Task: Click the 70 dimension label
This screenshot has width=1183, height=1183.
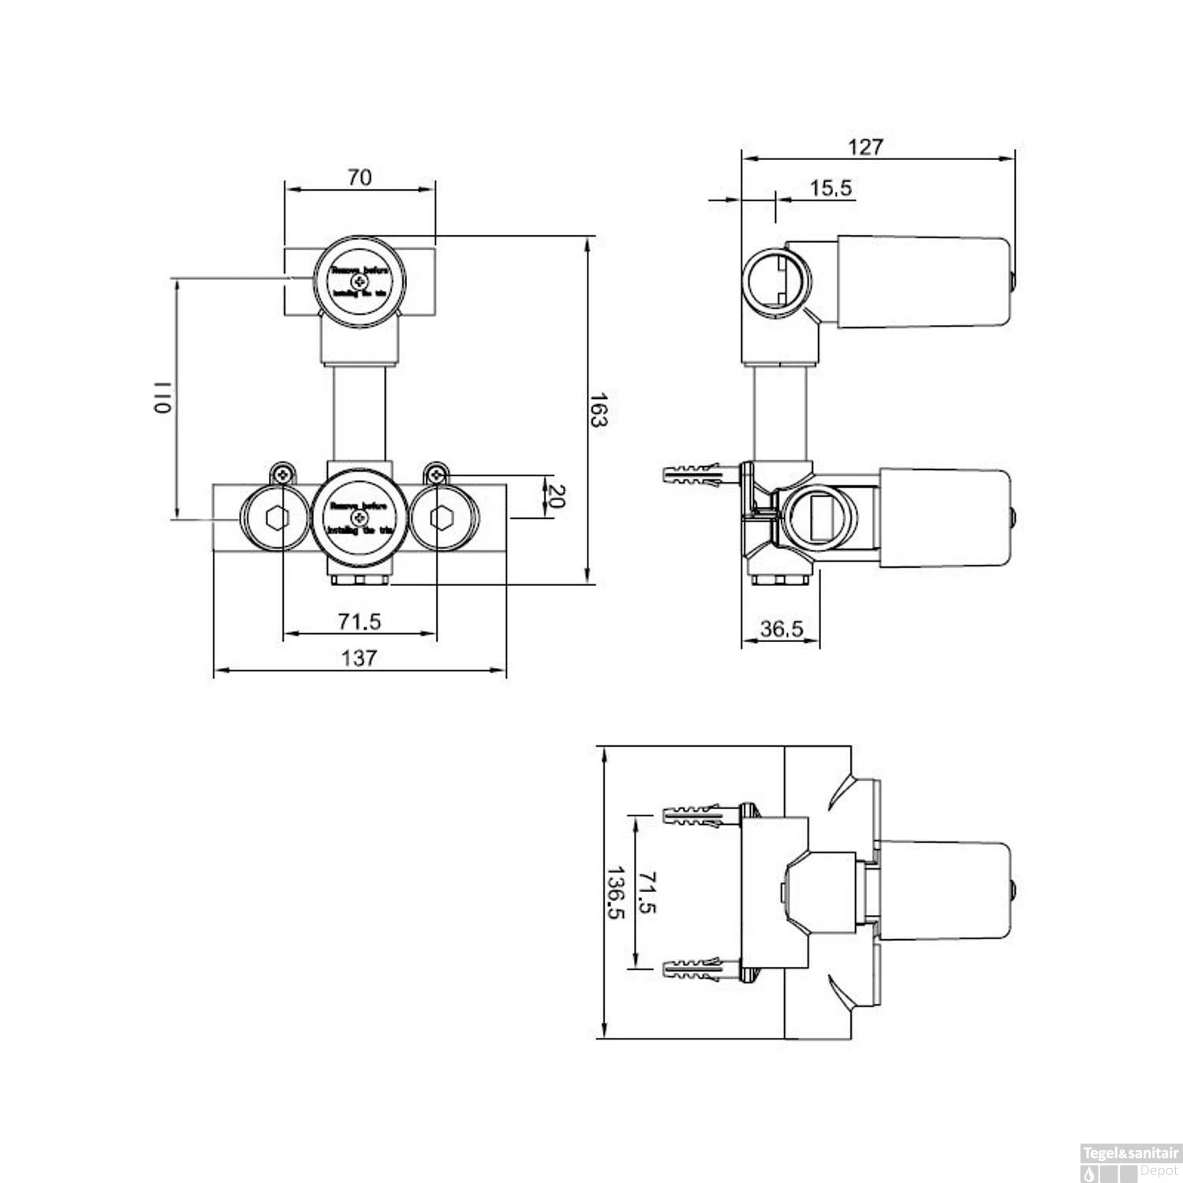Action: (359, 177)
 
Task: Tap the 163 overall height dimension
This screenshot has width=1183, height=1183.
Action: (599, 409)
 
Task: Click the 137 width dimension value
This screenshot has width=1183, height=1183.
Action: (359, 658)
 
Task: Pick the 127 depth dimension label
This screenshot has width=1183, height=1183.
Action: (865, 147)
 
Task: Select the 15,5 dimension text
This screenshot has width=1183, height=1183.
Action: (830, 188)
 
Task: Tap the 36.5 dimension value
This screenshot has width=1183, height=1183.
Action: (781, 629)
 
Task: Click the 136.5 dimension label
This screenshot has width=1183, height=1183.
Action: (614, 893)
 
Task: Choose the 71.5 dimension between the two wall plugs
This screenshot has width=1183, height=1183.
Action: (647, 892)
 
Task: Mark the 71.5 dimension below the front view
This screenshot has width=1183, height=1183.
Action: (360, 621)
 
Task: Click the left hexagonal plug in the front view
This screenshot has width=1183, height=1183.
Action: (277, 518)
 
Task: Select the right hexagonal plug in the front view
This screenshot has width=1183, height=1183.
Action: (441, 518)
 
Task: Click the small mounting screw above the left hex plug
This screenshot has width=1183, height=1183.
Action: (282, 474)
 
